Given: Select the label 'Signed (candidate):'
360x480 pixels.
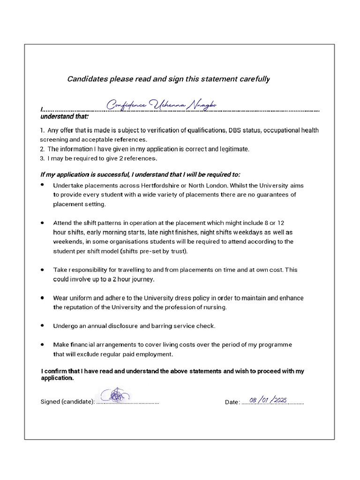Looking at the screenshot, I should (67, 402).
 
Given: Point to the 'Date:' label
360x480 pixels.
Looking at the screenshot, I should (232, 402).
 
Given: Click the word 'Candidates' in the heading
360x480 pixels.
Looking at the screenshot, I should (87, 79).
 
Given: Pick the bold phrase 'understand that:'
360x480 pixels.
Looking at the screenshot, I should (64, 116).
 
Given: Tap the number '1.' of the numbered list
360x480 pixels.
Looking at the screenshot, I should (43, 130).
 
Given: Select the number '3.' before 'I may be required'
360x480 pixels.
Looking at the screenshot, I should (42, 158).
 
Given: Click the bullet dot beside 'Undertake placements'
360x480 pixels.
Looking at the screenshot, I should (43, 185).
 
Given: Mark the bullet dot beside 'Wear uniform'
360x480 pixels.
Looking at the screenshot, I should (43, 298).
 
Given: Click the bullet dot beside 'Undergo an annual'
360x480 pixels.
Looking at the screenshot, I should (43, 325).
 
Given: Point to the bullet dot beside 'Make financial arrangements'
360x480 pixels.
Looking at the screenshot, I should (43, 344).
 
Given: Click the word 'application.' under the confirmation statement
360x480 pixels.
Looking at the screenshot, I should (57, 378).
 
